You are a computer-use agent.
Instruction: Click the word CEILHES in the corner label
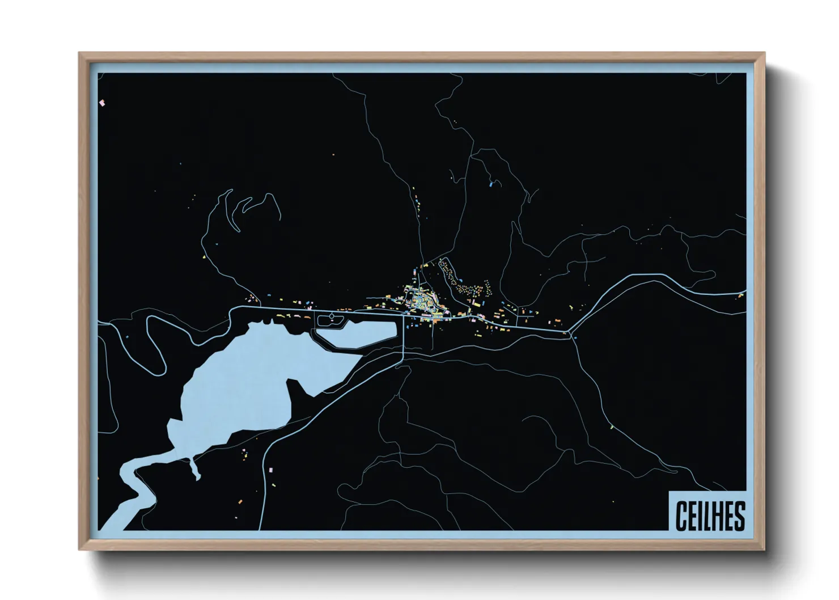710,516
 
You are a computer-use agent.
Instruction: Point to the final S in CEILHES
739,516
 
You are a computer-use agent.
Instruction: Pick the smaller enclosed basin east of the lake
357,335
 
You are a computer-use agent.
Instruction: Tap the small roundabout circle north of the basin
332,316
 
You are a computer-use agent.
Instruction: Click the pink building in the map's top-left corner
102,103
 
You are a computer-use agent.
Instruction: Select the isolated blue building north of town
490,184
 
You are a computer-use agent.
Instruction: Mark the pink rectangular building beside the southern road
270,470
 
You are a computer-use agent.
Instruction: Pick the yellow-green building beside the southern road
612,426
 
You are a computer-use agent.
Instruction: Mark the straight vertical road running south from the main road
403,337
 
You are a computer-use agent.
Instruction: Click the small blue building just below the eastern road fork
575,338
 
